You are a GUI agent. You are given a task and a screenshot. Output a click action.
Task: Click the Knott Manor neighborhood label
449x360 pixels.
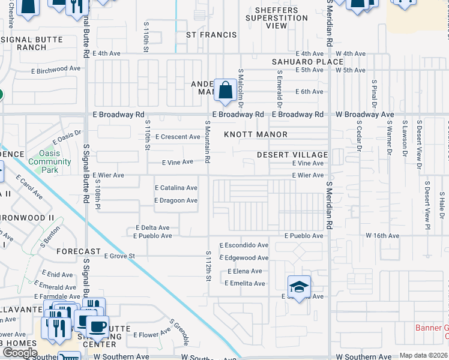[x=256, y=134]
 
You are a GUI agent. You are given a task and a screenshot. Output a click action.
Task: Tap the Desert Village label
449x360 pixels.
[x=292, y=155]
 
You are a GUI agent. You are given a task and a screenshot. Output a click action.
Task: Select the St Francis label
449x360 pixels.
[x=211, y=35]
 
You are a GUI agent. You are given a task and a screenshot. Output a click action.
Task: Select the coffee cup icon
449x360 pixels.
[x=98, y=327]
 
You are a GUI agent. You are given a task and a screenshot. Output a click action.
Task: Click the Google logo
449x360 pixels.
[x=20, y=353]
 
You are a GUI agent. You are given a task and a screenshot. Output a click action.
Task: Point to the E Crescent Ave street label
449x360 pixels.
[x=178, y=137]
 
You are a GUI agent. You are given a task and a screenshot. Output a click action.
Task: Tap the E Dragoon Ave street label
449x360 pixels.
[x=176, y=200]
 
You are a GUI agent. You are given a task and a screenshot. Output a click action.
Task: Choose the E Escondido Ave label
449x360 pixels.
[x=244, y=245]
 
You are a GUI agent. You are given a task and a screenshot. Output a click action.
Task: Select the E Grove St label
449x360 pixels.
[x=120, y=256]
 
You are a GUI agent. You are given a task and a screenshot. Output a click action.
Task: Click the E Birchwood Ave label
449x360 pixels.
[x=58, y=69]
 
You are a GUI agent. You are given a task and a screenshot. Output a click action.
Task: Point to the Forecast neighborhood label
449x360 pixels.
[x=79, y=252]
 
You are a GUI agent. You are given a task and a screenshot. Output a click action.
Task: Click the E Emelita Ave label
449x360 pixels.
[x=246, y=283]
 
